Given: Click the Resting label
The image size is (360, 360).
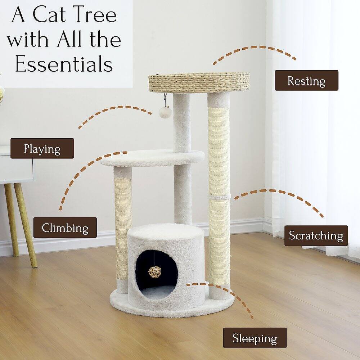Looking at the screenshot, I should click(x=306, y=80).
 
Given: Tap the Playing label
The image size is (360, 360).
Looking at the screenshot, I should click(x=42, y=148).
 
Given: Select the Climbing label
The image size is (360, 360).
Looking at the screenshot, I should click(x=65, y=228).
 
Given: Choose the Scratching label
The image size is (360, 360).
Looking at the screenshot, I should click(x=316, y=235).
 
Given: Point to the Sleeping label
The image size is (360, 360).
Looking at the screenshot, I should click(x=255, y=338).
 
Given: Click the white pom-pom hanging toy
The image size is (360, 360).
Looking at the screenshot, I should click(x=165, y=112).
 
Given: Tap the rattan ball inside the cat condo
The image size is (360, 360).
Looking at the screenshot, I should click(x=155, y=272).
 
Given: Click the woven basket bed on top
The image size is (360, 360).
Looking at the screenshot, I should click(x=199, y=82).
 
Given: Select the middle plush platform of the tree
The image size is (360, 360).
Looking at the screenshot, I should click(x=152, y=158).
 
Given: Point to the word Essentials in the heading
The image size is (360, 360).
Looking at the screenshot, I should click(x=64, y=64).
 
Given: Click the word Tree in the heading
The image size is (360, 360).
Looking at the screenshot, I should click(x=96, y=15).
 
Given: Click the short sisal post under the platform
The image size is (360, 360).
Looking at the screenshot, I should click(x=123, y=227).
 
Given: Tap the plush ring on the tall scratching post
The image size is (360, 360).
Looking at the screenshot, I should click(x=219, y=197).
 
